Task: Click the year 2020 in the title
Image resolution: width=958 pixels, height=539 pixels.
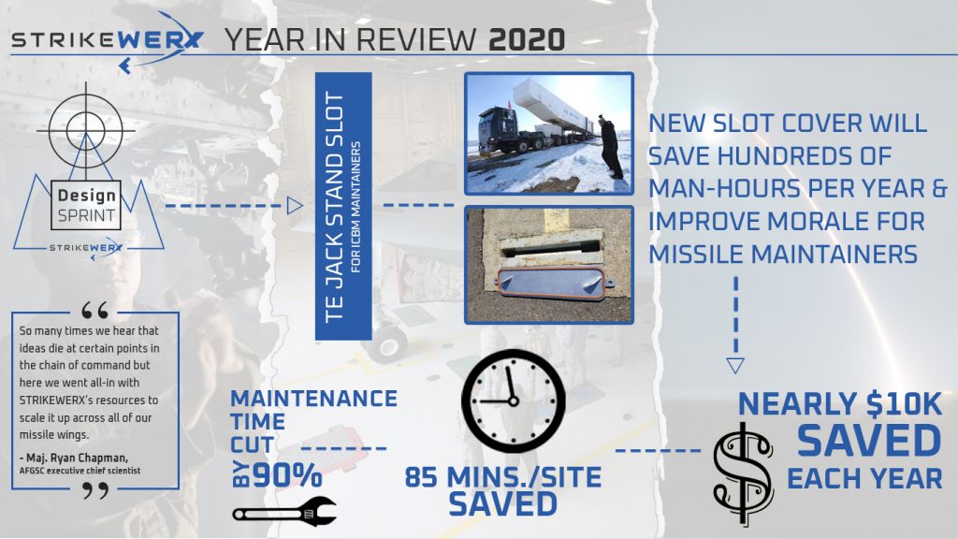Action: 527,39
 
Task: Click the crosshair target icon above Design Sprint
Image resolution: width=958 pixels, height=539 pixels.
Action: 85,129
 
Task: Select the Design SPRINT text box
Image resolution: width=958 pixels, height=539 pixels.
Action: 85,205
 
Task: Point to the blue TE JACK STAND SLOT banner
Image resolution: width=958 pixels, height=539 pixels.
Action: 343,207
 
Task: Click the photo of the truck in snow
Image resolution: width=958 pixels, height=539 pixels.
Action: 548,134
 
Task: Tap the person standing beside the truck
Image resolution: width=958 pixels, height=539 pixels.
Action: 610,147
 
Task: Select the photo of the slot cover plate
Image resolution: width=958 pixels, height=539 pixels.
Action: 548,265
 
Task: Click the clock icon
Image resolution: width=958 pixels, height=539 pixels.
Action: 514,401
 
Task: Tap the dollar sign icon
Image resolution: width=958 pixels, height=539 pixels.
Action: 743,473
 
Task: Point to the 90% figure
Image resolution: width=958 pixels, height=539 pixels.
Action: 287,474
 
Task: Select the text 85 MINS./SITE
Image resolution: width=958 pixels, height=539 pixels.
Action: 502,477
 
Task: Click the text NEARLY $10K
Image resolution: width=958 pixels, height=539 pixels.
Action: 840,404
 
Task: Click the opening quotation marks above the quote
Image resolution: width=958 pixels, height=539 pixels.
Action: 94,311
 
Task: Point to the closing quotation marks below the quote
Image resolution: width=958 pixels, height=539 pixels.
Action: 96,490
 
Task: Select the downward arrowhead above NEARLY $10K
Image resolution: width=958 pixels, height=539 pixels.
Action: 735,366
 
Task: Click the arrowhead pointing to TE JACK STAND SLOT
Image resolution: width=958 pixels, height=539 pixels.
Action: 295,206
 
